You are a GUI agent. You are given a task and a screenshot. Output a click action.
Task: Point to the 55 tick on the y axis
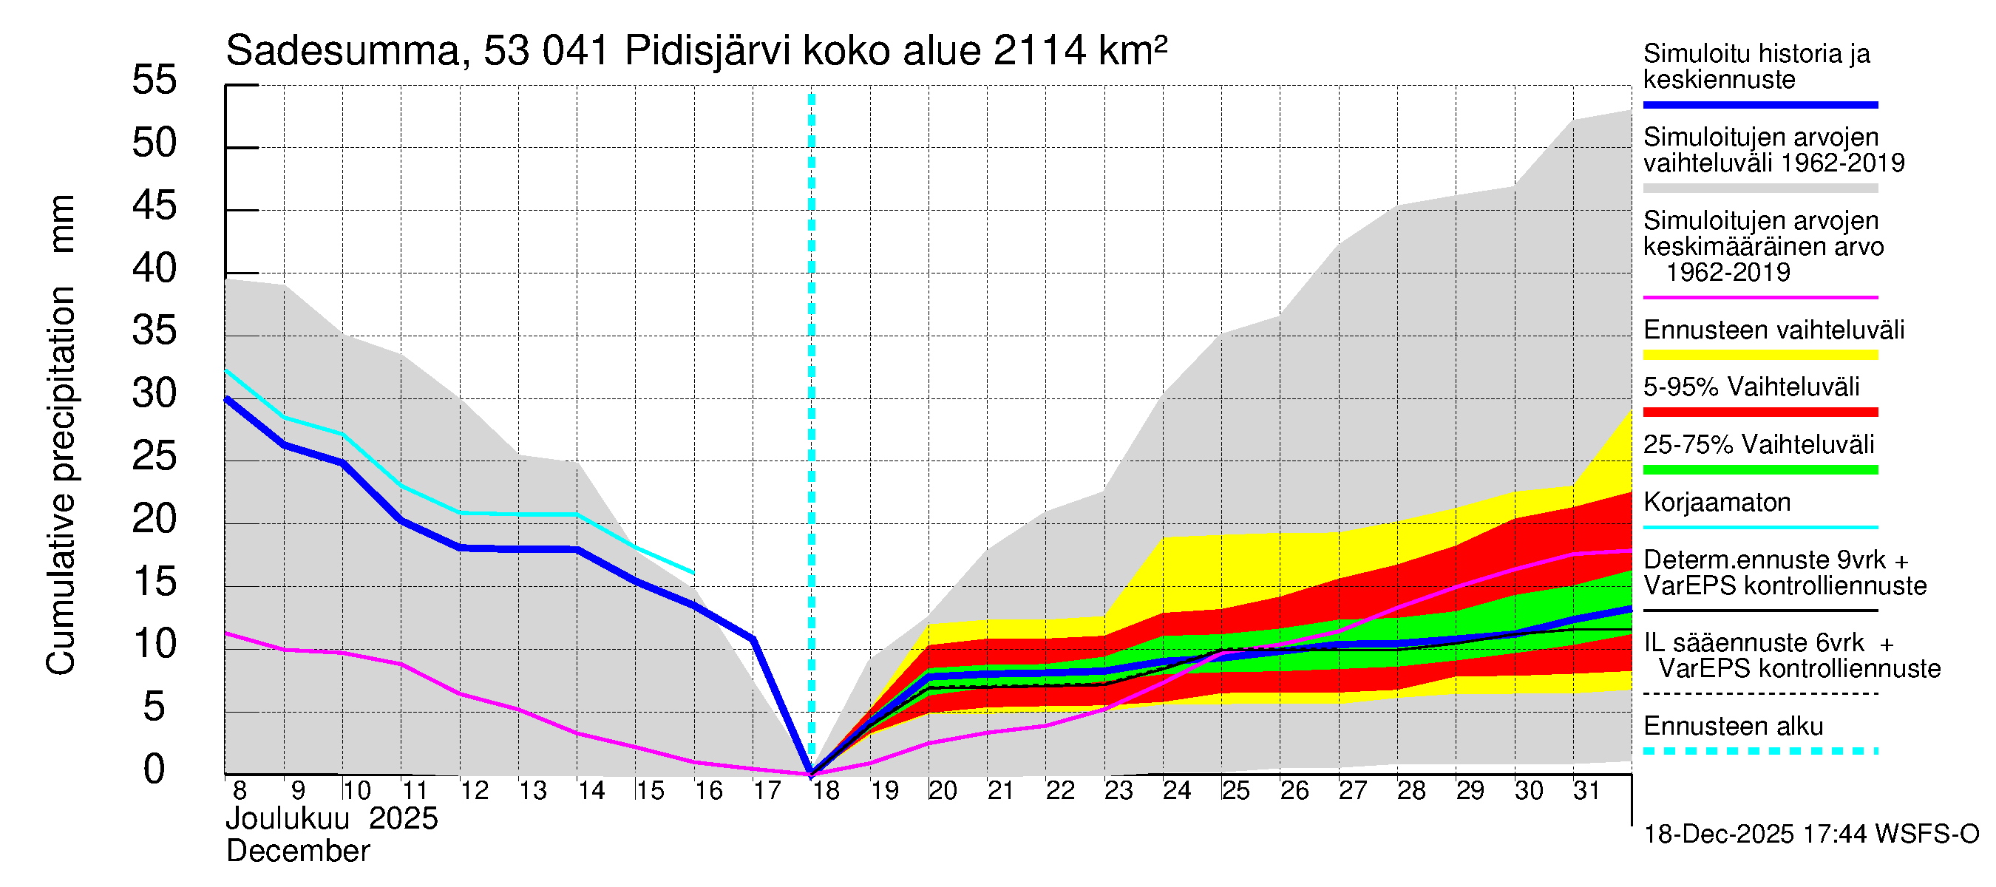[x=155, y=81]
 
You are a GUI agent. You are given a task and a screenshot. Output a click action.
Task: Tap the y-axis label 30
[x=155, y=394]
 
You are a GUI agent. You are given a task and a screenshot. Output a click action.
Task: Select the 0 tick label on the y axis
[x=155, y=770]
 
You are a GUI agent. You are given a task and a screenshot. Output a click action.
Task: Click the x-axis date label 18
[x=826, y=791]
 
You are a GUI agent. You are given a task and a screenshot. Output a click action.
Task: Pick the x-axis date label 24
[x=1177, y=791]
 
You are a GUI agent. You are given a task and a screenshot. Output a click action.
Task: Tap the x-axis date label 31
[x=1586, y=791]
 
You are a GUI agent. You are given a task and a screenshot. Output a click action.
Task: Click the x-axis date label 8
[x=240, y=791]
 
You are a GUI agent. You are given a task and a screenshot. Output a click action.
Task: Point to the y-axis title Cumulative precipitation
[x=61, y=480]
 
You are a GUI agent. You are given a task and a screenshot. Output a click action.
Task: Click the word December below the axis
[x=299, y=852]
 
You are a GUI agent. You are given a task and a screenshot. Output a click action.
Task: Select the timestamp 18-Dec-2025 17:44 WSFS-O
[x=1810, y=835]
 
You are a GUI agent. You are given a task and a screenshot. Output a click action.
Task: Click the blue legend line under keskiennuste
[x=1760, y=104]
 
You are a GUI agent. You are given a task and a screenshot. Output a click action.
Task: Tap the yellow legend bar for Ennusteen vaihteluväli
[x=1760, y=356]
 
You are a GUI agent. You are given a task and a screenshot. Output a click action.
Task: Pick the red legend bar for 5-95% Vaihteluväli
[x=1760, y=412]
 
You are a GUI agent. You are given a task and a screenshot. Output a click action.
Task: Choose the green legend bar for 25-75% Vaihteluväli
[x=1760, y=469]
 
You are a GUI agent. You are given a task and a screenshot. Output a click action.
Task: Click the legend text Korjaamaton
[x=1717, y=503]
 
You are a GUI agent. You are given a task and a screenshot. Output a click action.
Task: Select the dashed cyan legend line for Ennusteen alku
[x=1760, y=751]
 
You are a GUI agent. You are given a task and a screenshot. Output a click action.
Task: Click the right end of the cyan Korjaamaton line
[x=693, y=574]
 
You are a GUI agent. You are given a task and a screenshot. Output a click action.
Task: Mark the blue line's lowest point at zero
[x=811, y=772]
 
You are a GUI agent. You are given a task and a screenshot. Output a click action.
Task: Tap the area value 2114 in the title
[x=1039, y=52]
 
